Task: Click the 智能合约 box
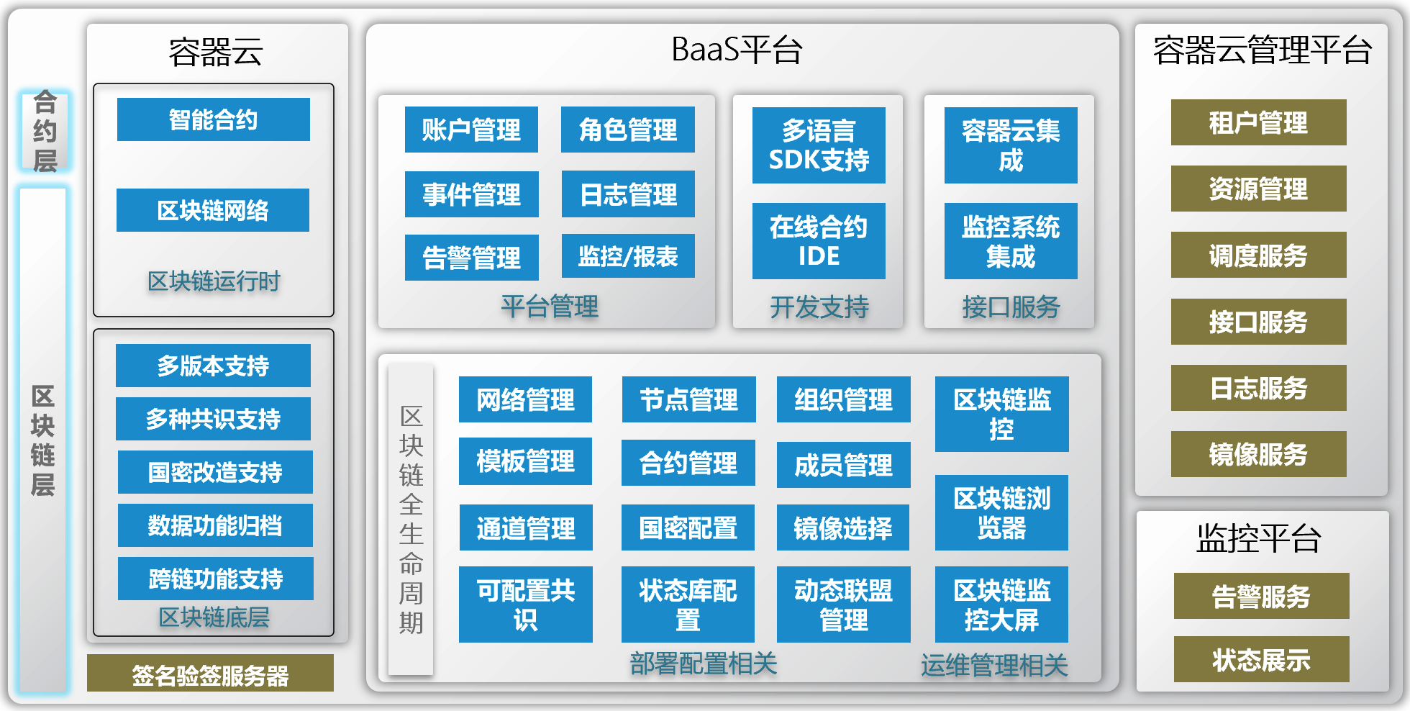[213, 119]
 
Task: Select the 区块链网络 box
[213, 210]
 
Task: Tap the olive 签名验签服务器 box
[210, 674]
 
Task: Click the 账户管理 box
[471, 130]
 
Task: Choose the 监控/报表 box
[628, 256]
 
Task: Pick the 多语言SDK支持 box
[819, 145]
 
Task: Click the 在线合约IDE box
[819, 241]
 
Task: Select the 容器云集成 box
[1011, 145]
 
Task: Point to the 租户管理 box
[1258, 122]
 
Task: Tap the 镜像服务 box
[1258, 454]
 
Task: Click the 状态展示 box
[1261, 659]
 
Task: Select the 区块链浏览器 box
[1001, 512]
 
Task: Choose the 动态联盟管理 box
[843, 604]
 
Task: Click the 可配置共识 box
[525, 604]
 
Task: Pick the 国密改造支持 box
[215, 472]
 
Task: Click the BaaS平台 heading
[737, 50]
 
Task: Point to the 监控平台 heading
[1258, 538]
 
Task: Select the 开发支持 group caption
[819, 307]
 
